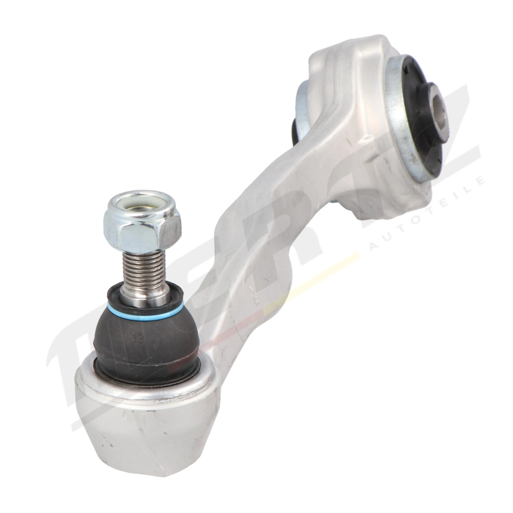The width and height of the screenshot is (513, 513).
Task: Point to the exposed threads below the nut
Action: [144, 267]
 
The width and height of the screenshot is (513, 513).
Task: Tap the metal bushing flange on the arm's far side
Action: [301, 109]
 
